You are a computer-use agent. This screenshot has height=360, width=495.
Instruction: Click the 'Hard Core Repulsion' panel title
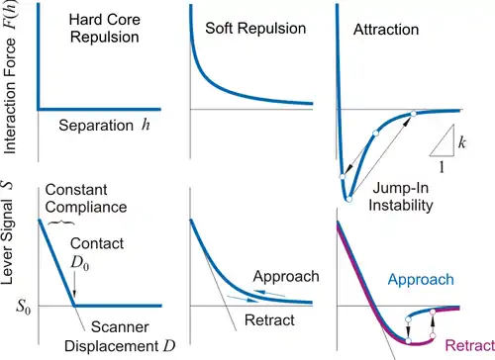[x=104, y=29]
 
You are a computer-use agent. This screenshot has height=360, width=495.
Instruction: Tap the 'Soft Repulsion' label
[x=255, y=29]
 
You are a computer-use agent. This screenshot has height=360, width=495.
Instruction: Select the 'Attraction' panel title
[x=386, y=30]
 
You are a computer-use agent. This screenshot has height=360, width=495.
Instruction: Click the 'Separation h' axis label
[x=104, y=126]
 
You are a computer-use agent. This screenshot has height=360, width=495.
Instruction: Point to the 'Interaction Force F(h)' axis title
[x=9, y=77]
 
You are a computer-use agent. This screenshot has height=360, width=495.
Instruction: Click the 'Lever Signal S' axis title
[x=8, y=231]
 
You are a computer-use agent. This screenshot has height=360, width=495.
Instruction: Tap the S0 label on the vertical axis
[x=24, y=308]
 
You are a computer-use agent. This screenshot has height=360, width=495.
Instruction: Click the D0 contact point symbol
[x=80, y=263]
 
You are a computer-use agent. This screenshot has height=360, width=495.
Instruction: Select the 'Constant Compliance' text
[x=86, y=199]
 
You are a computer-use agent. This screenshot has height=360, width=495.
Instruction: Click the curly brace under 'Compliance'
[x=61, y=223]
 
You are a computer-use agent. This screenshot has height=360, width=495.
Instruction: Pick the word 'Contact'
[x=97, y=243]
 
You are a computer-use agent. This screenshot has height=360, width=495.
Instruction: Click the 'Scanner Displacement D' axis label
[x=120, y=336]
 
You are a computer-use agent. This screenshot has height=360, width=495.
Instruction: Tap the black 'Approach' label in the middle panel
[x=286, y=277]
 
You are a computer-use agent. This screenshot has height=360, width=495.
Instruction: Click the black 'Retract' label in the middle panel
[x=269, y=320]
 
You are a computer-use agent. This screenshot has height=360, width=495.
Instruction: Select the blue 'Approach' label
[x=421, y=280]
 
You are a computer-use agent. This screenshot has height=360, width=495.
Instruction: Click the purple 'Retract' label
[x=470, y=345]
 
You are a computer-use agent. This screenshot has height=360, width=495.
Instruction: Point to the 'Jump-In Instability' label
[x=401, y=197]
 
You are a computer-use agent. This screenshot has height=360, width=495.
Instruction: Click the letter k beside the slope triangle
[x=462, y=142]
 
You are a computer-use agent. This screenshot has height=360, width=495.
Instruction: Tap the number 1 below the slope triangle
[x=442, y=167]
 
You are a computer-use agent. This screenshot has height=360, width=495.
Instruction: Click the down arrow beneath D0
[x=74, y=285]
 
